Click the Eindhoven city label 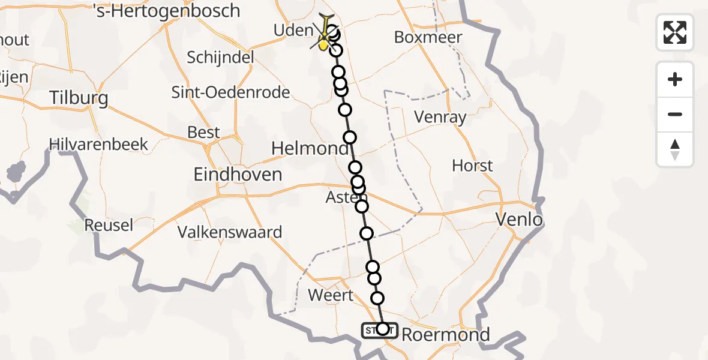(238, 175)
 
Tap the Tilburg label (79, 98)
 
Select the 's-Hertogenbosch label (167, 11)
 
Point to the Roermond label (445, 334)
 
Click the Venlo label (519, 220)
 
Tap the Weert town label (331, 295)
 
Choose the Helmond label (310, 148)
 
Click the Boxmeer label (428, 37)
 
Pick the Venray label (440, 117)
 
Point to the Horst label (472, 166)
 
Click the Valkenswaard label (230, 232)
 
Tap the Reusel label (109, 225)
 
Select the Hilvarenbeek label (99, 145)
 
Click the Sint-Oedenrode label (230, 92)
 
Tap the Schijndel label (220, 58)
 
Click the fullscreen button (675, 32)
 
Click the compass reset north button (675, 149)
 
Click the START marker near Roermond (379, 329)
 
